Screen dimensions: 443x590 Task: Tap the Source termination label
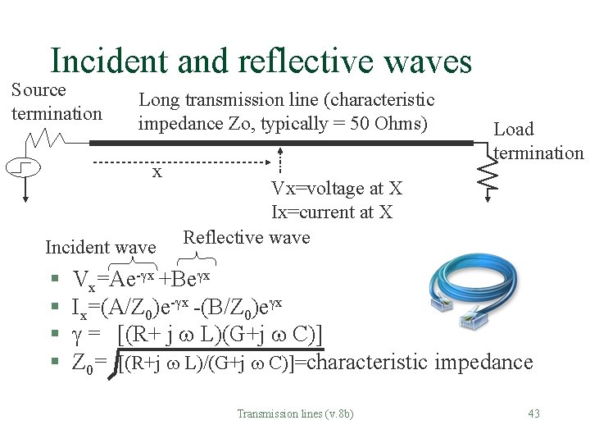pyautogui.click(x=57, y=101)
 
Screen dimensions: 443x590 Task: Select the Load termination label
pyautogui.click(x=538, y=141)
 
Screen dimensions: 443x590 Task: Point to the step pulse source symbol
pyautogui.click(x=24, y=168)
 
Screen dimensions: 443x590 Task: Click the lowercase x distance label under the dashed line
pyautogui.click(x=157, y=173)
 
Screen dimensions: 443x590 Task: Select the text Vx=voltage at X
pyautogui.click(x=337, y=189)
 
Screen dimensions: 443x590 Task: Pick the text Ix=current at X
pyautogui.click(x=332, y=212)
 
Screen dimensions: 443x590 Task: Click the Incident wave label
pyautogui.click(x=100, y=247)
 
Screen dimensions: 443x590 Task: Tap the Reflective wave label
pyautogui.click(x=247, y=238)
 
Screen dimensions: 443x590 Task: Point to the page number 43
pyautogui.click(x=533, y=413)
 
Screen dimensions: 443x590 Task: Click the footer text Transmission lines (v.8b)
pyautogui.click(x=295, y=413)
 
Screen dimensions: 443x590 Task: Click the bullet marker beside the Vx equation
pyautogui.click(x=52, y=280)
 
